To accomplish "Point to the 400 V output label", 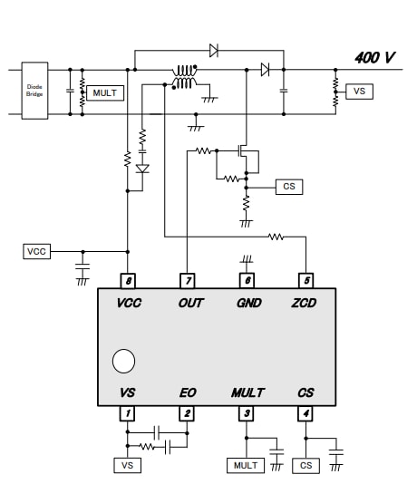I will click(374, 57).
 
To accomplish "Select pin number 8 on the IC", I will click(128, 281).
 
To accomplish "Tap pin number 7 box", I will click(187, 281).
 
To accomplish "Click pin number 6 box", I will click(246, 281).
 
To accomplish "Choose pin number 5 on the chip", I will click(305, 281).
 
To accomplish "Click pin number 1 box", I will click(128, 413).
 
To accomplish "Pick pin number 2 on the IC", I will click(187, 413).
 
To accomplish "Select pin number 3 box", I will click(246, 413).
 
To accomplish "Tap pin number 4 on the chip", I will click(305, 413).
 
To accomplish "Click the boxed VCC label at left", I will click(36, 251).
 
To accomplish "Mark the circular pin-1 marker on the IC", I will click(123, 362).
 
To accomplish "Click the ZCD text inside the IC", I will click(305, 303).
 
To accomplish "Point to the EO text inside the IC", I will click(187, 392).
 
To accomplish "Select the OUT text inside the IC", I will click(190, 303).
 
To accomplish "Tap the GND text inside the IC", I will click(247, 303).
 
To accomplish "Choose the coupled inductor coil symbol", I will click(186, 77).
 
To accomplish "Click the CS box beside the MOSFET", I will click(289, 187).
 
